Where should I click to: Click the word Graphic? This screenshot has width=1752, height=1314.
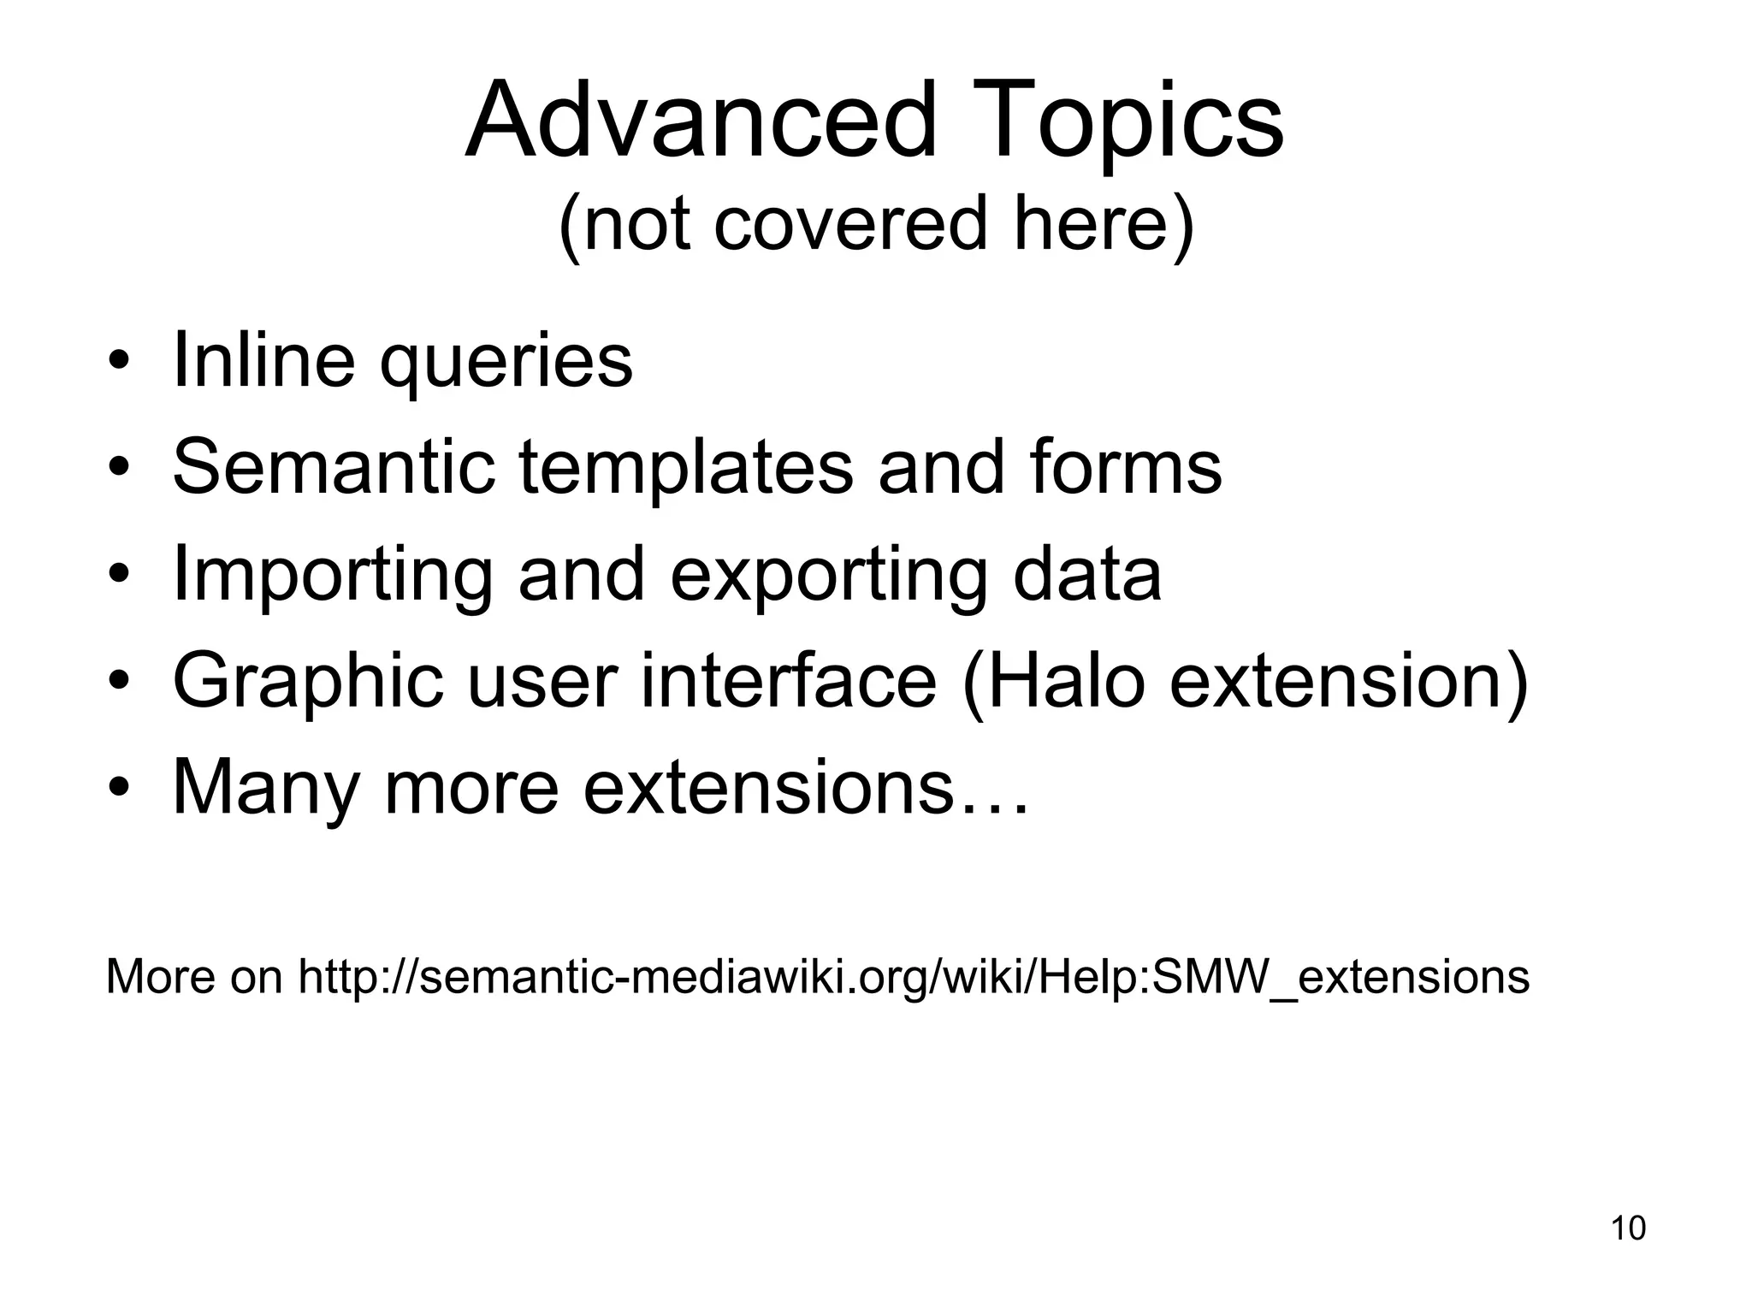[x=308, y=683]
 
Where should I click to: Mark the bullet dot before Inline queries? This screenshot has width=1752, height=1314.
[x=120, y=362]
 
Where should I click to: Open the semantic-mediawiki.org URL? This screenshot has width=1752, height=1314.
[x=913, y=976]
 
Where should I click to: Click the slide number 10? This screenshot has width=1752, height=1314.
[x=1628, y=1228]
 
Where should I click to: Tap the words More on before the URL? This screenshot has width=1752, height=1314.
[x=193, y=976]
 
